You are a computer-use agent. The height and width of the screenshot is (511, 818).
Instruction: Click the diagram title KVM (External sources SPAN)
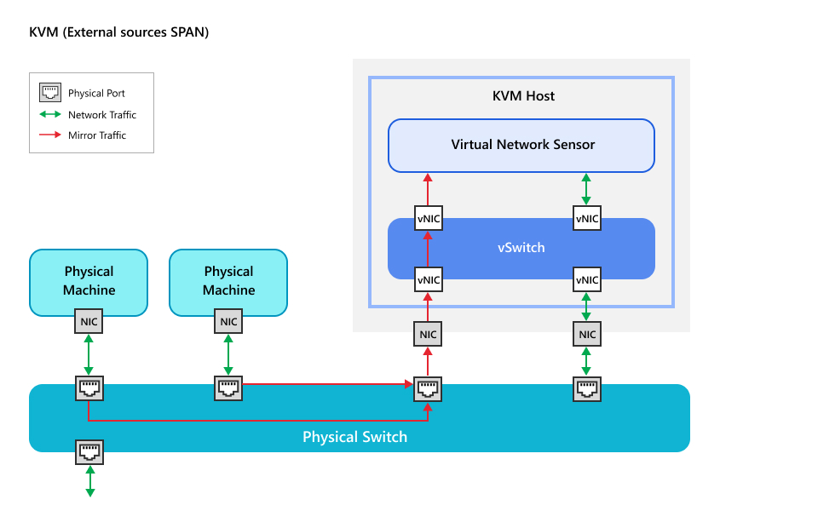pos(119,32)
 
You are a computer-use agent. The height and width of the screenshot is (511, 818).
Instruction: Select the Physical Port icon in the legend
pos(51,93)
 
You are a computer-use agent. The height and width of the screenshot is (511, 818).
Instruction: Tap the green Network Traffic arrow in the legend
pos(51,114)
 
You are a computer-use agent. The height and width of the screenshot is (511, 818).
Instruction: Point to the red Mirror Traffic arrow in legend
pos(51,135)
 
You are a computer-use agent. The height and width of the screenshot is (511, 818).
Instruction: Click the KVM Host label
pos(523,96)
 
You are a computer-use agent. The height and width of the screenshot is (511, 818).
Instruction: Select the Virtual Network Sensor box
pos(521,145)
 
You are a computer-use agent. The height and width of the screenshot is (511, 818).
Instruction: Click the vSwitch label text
pos(521,248)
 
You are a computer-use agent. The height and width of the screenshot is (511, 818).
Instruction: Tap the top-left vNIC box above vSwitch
pos(428,218)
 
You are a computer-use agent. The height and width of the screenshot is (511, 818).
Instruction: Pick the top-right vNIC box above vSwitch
pos(586,218)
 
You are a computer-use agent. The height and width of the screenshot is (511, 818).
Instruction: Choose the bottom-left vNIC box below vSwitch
pos(428,279)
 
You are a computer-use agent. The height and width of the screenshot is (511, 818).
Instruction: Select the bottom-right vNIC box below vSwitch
pos(586,279)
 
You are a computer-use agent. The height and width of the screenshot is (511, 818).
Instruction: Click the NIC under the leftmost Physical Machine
pos(89,322)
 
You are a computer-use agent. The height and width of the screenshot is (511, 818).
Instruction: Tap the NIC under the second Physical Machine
pos(228,322)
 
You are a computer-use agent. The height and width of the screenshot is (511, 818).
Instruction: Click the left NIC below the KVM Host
pos(428,335)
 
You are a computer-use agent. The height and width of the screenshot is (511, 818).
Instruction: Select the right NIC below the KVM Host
pos(586,335)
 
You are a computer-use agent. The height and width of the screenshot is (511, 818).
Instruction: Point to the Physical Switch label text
pos(354,437)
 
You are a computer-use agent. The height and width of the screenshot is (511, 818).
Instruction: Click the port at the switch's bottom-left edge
pos(89,451)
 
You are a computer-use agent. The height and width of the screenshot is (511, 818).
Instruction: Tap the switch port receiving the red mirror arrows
pos(428,389)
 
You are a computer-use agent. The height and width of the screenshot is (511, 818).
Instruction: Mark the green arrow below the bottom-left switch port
pos(89,480)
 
